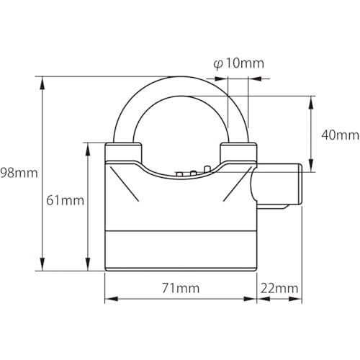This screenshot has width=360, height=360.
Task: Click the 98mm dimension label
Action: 19,173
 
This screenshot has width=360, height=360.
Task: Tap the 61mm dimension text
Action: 65,200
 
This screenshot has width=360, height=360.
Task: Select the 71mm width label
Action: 181,288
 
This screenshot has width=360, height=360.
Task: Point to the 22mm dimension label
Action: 279,288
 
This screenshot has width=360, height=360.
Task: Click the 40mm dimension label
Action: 340,135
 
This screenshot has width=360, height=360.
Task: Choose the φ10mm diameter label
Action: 238,63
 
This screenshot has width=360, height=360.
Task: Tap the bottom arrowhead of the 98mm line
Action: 42,264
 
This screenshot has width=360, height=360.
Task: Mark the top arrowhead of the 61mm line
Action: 88,149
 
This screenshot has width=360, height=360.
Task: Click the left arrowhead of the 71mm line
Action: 112,299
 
